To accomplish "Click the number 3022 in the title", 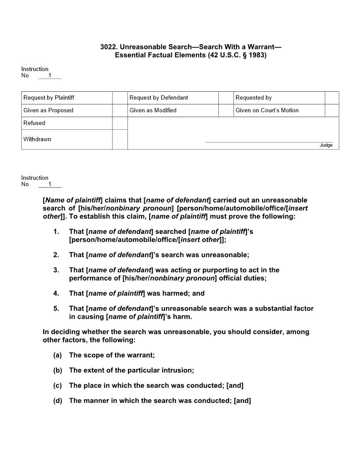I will point(108,47).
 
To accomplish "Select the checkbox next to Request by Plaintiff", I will point(120,98).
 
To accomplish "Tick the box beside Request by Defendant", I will point(226,98).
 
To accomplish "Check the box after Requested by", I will point(332,98).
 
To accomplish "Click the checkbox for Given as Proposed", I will point(120,110).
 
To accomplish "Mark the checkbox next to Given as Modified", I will point(226,110).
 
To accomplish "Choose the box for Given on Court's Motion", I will point(332,110).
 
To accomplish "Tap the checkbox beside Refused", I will point(120,123).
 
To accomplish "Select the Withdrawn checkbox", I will point(120,139).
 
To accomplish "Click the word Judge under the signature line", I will point(326,145).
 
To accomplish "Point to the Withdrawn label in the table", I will point(37,139).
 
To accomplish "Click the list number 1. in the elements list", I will point(56,231).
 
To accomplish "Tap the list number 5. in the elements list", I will point(56,308).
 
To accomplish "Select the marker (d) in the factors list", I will point(57,401).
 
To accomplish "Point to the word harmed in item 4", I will point(172,293).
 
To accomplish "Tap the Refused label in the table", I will point(34,123).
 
